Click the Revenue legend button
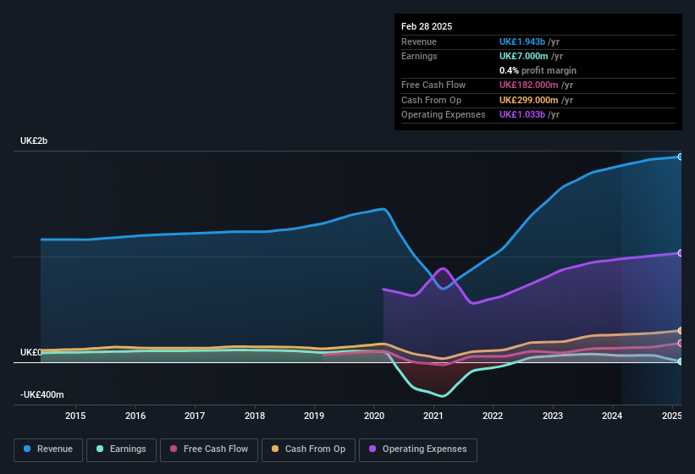(x=48, y=449)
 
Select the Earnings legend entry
(x=121, y=449)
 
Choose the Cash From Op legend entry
(x=308, y=449)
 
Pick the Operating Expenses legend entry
(x=417, y=449)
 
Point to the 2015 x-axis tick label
(x=75, y=416)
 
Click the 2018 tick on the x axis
(x=255, y=416)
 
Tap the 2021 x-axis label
(x=433, y=416)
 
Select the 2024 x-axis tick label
(x=612, y=416)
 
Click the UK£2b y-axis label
(x=34, y=141)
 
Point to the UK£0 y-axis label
(x=31, y=352)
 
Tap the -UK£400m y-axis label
(x=42, y=394)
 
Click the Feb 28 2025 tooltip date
(x=427, y=26)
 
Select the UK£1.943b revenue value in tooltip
(x=522, y=41)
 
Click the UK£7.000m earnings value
(x=522, y=56)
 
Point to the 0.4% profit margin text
(x=538, y=70)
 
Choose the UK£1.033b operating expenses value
(x=522, y=114)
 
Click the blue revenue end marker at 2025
(x=681, y=157)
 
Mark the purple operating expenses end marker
(x=681, y=253)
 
